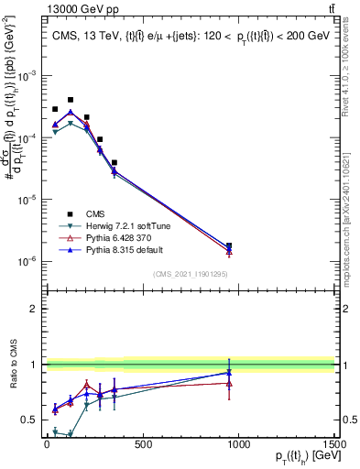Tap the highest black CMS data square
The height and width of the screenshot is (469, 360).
[71, 100]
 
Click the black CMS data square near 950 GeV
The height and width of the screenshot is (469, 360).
[229, 245]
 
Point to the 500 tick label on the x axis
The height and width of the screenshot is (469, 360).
[143, 445]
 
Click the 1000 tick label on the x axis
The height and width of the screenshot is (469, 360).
[238, 445]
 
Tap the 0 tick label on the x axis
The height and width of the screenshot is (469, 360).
[47, 445]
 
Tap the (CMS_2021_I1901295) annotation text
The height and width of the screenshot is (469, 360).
[190, 274]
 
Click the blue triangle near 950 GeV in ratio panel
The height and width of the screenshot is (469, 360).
[229, 373]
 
